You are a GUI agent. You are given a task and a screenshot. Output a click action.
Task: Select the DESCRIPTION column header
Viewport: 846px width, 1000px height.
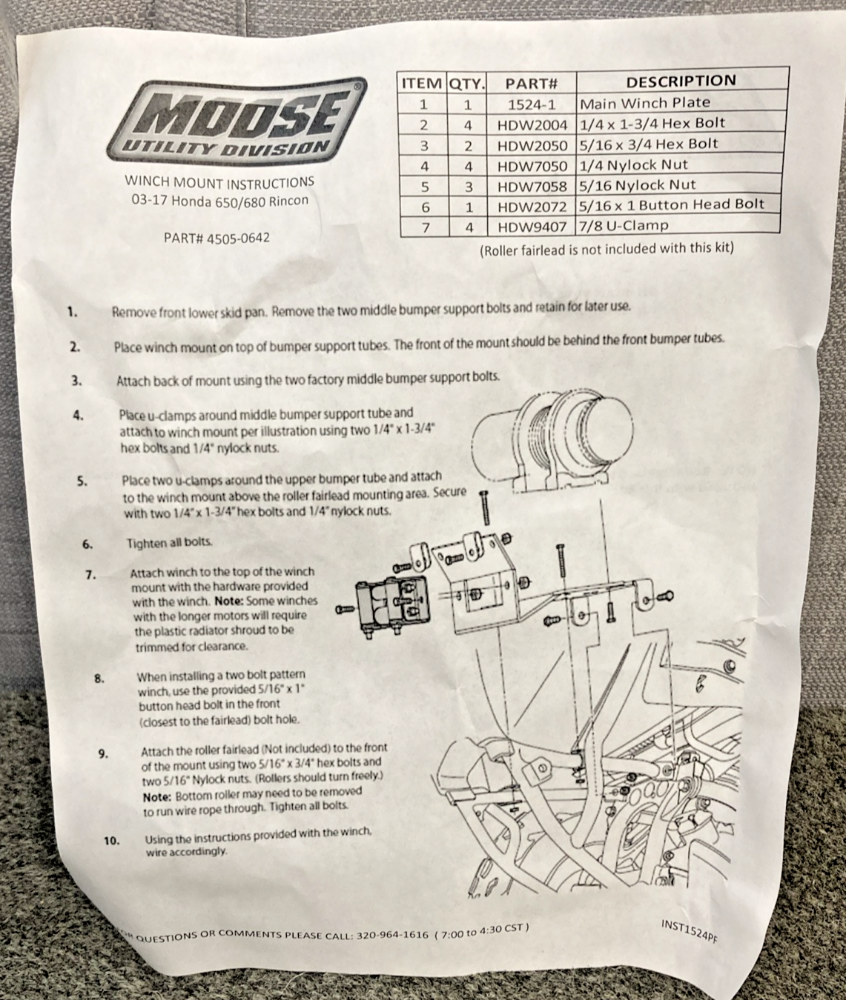pos(681,81)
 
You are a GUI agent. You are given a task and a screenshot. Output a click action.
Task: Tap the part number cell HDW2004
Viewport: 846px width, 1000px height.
pos(532,125)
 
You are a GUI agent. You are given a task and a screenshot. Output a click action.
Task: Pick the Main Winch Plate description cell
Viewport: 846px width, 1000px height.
pos(645,103)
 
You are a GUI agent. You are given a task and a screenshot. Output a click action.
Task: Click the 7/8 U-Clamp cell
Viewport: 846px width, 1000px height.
pos(624,225)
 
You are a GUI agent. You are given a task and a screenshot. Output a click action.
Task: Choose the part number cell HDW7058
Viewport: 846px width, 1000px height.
pos(532,186)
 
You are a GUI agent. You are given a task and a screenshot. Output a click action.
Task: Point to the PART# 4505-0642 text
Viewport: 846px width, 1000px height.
pos(217,238)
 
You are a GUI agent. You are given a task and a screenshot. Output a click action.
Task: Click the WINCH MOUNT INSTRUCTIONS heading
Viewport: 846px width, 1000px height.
pos(219,182)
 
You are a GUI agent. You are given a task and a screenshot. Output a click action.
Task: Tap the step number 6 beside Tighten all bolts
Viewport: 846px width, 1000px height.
pos(87,544)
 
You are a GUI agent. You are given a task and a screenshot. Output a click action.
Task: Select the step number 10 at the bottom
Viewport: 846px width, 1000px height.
pos(111,841)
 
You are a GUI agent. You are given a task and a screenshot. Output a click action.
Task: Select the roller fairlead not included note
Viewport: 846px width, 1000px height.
pos(607,249)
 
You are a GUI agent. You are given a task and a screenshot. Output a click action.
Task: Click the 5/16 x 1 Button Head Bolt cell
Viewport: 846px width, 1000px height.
pos(672,204)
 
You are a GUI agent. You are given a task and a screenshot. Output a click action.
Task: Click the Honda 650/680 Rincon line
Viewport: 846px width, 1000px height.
pos(220,201)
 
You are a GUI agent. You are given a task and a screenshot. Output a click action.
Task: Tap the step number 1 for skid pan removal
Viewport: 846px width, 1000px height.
pos(73,312)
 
